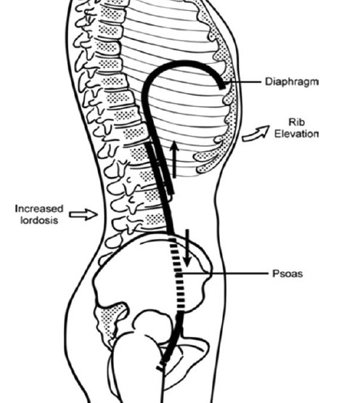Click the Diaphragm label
pyautogui.click(x=292, y=82)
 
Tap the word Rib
pyautogui.click(x=296, y=122)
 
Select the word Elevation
pyautogui.click(x=296, y=134)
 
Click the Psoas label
pyautogui.click(x=287, y=274)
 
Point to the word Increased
pyautogui.click(x=39, y=208)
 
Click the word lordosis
pyautogui.click(x=39, y=220)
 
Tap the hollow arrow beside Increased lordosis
pyautogui.click(x=83, y=214)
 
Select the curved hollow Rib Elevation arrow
pyautogui.click(x=255, y=133)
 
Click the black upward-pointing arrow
pyautogui.click(x=174, y=159)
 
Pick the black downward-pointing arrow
pyautogui.click(x=187, y=248)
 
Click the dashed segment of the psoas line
pyautogui.click(x=178, y=274)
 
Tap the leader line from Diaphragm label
pyautogui.click(x=243, y=82)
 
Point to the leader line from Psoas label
pyautogui.click(x=224, y=274)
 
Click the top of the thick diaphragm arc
pyautogui.click(x=184, y=62)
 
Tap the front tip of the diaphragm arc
pyautogui.click(x=223, y=88)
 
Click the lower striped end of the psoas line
pyautogui.click(x=161, y=366)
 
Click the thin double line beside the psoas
pyautogui.click(x=159, y=168)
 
